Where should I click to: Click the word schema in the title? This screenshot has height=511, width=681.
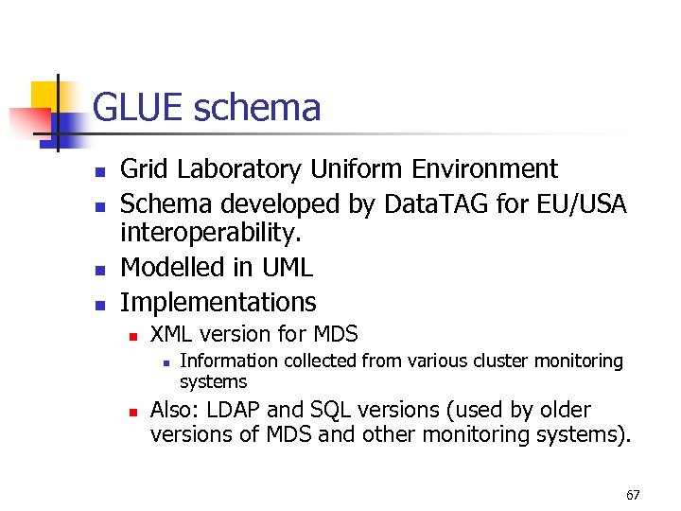tap(257, 109)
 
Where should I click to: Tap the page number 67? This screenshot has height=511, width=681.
tap(633, 495)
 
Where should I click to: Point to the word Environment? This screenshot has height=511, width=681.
tap(485, 169)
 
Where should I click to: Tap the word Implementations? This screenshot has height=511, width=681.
tap(218, 302)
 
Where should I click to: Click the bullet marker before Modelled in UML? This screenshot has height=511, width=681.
tap(97, 270)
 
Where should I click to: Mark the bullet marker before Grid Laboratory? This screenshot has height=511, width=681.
tap(97, 171)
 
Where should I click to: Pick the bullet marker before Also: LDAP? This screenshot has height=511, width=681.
tap(133, 412)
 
